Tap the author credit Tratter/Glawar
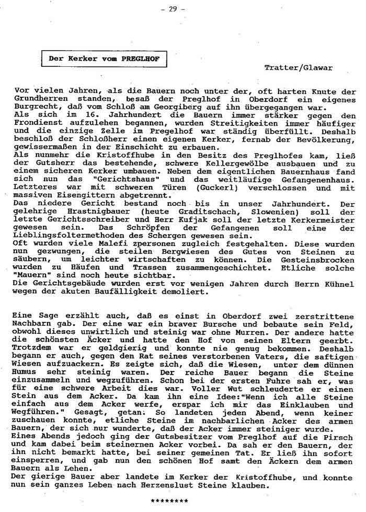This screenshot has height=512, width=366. coord(298,67)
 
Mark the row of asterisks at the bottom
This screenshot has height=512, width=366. coord(169,501)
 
